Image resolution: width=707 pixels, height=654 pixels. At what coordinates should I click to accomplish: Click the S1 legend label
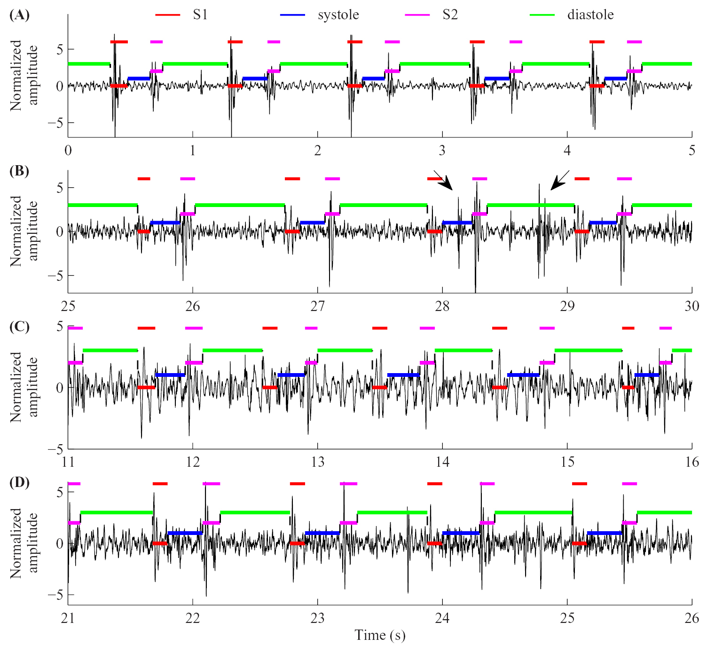pos(200,15)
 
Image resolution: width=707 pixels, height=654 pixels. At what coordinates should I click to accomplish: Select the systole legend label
pos(338,15)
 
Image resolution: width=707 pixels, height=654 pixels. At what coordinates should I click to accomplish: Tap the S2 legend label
pos(450,15)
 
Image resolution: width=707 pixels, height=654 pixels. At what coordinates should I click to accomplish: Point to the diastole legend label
pos(590,15)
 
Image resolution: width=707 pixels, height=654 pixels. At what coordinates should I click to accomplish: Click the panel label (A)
pos(19,15)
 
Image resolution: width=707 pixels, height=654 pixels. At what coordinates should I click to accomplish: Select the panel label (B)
pos(19,171)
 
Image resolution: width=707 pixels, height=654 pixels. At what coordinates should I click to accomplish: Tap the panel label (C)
pos(19,327)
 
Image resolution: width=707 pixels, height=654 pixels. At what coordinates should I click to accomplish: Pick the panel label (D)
pos(19,483)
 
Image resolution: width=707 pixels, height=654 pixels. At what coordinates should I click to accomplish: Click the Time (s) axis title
pos(380,635)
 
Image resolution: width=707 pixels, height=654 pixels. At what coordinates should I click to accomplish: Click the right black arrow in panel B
pos(559,181)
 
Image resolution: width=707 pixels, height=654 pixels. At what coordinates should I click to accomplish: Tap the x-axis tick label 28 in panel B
pos(442,306)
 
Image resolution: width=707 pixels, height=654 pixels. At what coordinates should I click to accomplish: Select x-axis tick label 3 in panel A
pos(442,151)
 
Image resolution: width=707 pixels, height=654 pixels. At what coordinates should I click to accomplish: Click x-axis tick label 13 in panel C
pos(317,462)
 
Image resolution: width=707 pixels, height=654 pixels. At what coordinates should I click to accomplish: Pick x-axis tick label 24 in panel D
pos(442,618)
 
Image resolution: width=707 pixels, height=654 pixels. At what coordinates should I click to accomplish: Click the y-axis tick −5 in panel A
pos(55,123)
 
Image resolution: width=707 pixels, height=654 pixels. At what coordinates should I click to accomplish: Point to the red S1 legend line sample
pos(167,15)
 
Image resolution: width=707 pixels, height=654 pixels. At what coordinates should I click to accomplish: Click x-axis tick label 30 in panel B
pos(691,306)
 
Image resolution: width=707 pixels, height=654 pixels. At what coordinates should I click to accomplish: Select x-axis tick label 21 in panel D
pos(68,618)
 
